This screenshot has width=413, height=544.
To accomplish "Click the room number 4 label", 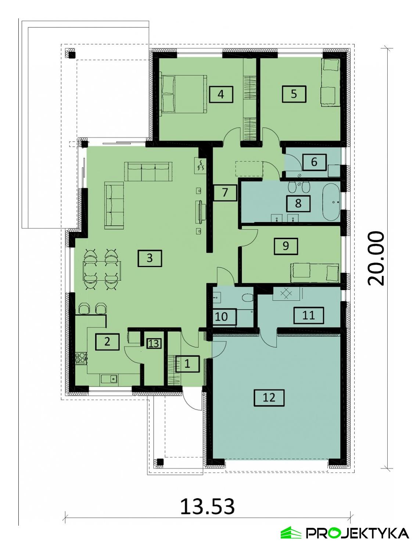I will (220, 94).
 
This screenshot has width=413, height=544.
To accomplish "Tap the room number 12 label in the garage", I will (269, 397).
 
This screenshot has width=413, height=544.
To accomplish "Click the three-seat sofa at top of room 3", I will (149, 171).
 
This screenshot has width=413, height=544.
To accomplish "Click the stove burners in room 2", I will (81, 358).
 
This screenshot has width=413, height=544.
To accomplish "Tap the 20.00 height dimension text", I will (376, 258).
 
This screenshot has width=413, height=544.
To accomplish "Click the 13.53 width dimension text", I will (207, 507).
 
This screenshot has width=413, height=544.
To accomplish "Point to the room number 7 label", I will (225, 193).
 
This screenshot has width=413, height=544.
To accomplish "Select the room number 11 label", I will (308, 315).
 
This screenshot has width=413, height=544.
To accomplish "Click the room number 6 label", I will (314, 162).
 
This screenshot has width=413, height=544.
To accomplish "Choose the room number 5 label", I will (294, 94).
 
